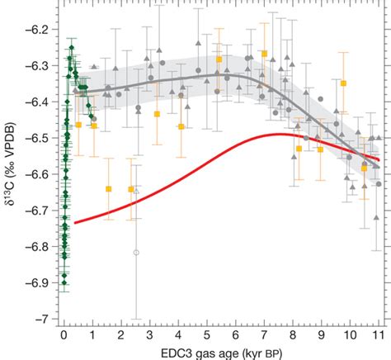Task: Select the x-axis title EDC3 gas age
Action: coord(220,353)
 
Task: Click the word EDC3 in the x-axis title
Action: coord(179,353)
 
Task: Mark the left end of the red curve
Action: coord(75,223)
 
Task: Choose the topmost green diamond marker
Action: coord(72,47)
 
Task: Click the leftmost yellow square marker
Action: coord(79,125)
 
